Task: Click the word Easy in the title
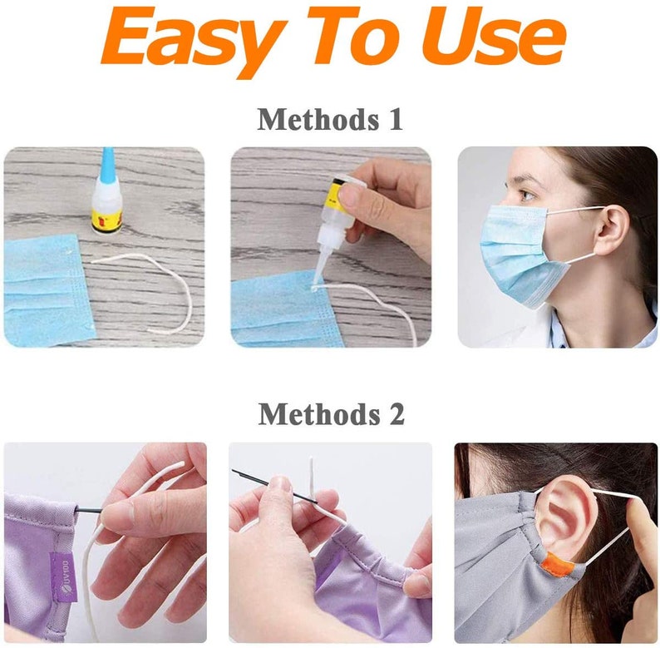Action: (187, 37)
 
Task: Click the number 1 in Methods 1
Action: (393, 119)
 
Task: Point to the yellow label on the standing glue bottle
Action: (107, 220)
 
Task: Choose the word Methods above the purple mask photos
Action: (309, 413)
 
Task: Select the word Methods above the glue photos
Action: (309, 119)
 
